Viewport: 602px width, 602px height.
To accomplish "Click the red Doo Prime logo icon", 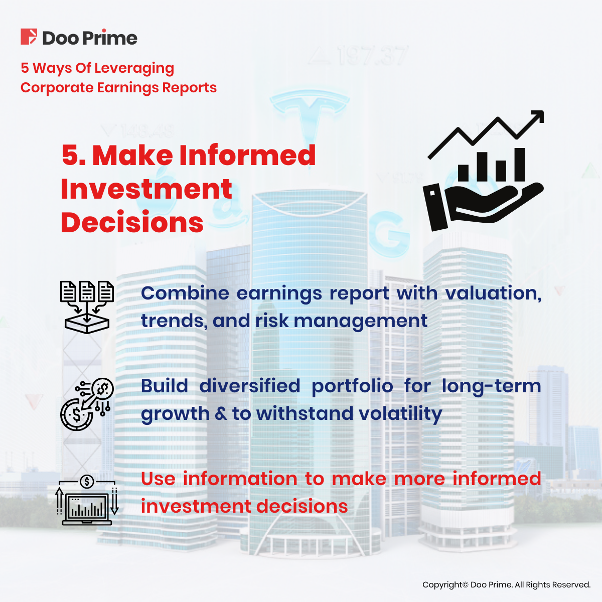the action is [29, 37].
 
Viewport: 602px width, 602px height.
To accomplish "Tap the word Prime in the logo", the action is [110, 38].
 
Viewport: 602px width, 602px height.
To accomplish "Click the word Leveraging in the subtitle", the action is [134, 68].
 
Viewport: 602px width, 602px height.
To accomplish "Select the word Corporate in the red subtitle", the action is [57, 88].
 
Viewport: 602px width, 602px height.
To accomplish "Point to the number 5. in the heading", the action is [74, 155].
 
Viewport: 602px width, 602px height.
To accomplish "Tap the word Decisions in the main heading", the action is [132, 222].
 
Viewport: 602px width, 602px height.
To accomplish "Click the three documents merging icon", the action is [87, 307].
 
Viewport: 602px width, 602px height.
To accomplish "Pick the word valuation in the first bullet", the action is [493, 293].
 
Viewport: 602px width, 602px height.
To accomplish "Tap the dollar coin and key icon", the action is [86, 404].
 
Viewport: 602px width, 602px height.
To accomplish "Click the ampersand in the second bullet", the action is [221, 413].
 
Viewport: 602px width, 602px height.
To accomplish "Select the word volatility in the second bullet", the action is [400, 414].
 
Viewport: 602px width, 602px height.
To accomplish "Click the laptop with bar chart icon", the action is [87, 500].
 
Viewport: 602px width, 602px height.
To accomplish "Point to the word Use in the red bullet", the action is [159, 479].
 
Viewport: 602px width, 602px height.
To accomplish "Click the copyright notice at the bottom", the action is [506, 584].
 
